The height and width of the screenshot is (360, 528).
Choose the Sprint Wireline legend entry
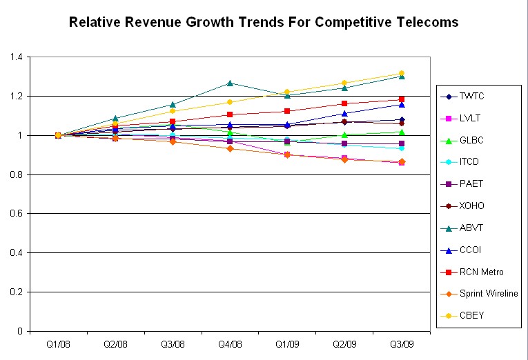tap(488, 294)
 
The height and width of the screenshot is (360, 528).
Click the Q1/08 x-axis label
tap(58, 343)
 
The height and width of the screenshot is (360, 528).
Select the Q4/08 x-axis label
tap(230, 343)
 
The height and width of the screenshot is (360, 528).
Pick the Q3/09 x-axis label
tap(402, 343)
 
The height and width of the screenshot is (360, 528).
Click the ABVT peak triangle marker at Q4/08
tap(230, 83)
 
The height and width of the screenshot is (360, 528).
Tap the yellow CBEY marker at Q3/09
tap(402, 73)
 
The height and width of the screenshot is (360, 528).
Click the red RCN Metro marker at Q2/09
tap(344, 103)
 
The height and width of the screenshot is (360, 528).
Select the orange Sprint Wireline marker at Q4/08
tap(230, 148)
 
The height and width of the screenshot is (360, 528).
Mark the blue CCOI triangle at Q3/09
tap(402, 104)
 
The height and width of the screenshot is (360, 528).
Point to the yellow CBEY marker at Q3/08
tap(173, 111)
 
